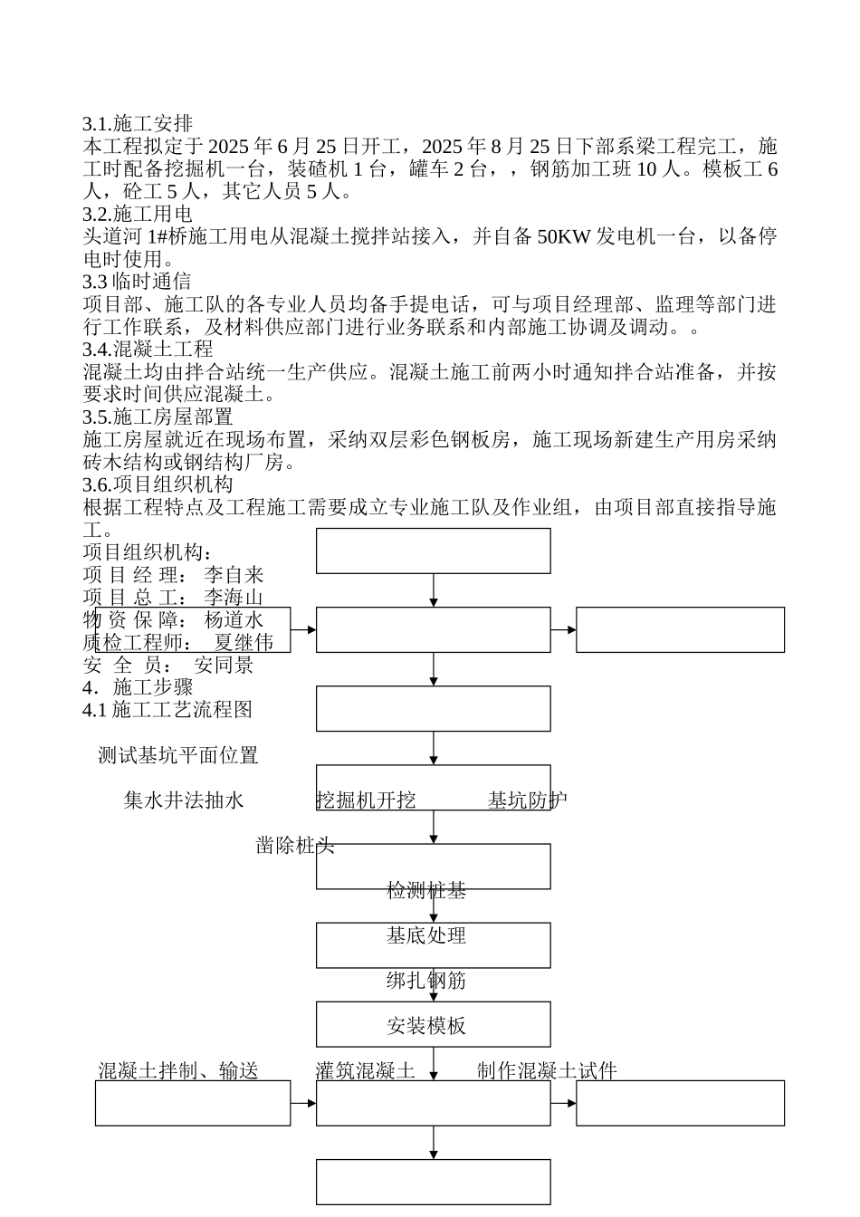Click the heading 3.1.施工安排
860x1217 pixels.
(138, 124)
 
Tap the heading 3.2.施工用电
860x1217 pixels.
(138, 215)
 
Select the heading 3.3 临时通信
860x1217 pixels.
(137, 282)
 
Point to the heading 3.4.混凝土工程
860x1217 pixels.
(148, 350)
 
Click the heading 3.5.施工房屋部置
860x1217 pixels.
(158, 417)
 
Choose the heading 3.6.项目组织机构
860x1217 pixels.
(158, 484)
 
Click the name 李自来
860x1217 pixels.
(234, 575)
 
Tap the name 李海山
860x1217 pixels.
(234, 598)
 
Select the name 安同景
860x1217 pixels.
(224, 666)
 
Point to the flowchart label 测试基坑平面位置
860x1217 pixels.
(178, 755)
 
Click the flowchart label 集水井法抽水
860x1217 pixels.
(184, 800)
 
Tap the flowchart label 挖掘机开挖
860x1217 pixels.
(366, 800)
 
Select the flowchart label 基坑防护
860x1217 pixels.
(528, 800)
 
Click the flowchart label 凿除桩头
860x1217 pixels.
(295, 846)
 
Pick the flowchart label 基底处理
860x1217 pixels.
(426, 936)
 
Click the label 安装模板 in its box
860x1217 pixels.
(426, 1026)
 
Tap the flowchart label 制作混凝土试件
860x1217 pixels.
(547, 1071)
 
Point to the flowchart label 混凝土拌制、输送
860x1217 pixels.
(178, 1071)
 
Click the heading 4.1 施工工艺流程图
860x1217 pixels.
(167, 710)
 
